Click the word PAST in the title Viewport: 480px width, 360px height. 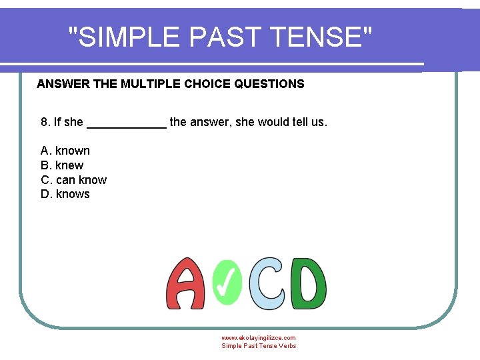(225, 37)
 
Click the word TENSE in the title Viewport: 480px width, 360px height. (318, 37)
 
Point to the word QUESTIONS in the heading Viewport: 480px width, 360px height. (269, 84)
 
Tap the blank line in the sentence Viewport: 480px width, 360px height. (127, 124)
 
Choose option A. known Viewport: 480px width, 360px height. (65, 151)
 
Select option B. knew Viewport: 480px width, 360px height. (62, 165)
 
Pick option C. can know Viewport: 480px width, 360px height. (73, 180)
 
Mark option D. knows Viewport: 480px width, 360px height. (65, 195)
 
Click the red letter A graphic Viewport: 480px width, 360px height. (185, 284)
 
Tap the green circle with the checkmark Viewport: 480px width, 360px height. (227, 282)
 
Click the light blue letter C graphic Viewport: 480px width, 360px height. (269, 283)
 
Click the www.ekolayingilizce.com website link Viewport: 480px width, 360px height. (259, 338)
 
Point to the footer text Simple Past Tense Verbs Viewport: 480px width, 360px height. (259, 346)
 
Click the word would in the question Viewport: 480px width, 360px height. (274, 122)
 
